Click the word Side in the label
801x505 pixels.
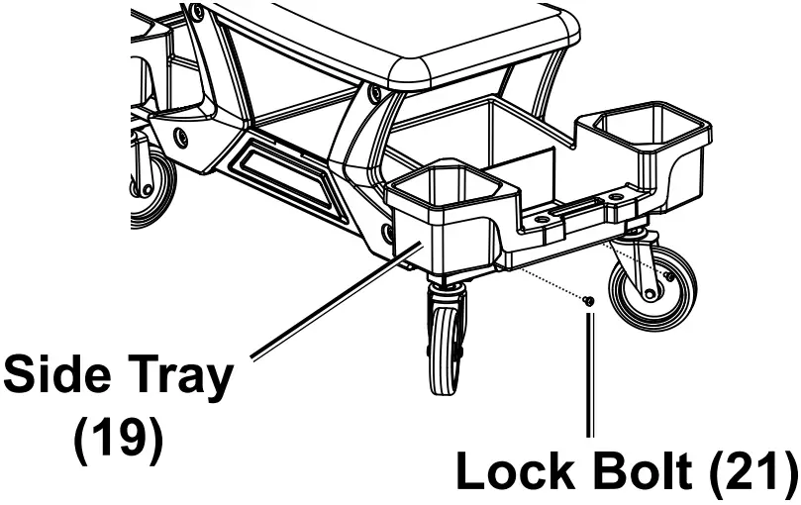pos(59,377)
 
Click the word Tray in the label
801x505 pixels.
pos(179,377)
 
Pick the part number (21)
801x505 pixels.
pos(755,472)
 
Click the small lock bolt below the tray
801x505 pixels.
pos(588,299)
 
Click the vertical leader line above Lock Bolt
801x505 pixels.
pos(591,376)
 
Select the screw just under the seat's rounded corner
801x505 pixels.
pos(373,96)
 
